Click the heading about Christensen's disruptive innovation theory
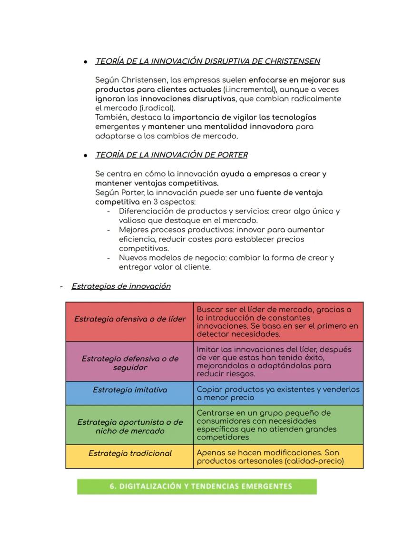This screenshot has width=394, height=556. point(207,61)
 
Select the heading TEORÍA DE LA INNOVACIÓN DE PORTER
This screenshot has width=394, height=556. point(171,155)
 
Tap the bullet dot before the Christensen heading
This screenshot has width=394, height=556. point(85,62)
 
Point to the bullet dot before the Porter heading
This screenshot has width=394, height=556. point(85,156)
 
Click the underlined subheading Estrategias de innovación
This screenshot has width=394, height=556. point(121,286)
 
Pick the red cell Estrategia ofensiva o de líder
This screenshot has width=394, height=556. point(130,319)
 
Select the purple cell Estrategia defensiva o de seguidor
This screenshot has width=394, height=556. point(130,363)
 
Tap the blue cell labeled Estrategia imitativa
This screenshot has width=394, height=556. point(130,390)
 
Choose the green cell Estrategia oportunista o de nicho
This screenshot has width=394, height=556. point(130,427)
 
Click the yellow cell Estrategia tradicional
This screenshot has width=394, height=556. point(130,453)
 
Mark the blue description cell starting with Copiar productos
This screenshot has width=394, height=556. point(278,393)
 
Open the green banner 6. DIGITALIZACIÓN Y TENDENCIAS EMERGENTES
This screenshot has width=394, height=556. point(197,487)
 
